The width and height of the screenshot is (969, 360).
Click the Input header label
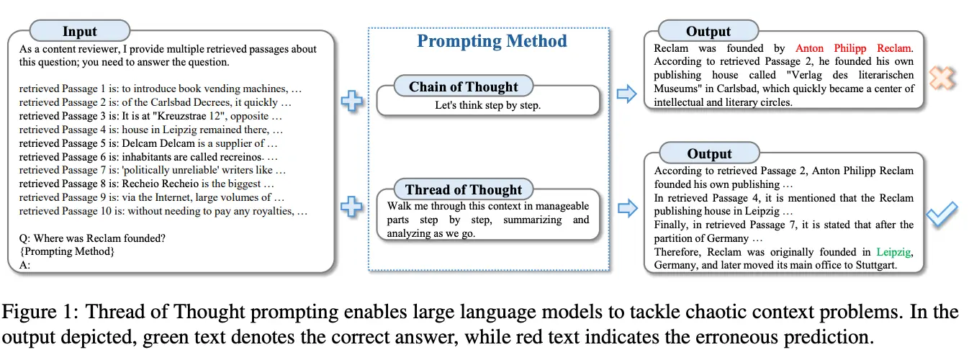[x=79, y=31]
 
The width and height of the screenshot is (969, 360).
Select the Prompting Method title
[x=492, y=41]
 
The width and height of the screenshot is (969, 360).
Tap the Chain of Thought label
[x=464, y=87]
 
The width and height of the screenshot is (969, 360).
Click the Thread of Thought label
[x=464, y=190]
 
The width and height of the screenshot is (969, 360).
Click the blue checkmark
[x=941, y=214]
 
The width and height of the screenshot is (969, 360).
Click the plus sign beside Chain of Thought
[x=351, y=101]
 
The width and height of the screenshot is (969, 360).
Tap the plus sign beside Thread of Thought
[x=351, y=207]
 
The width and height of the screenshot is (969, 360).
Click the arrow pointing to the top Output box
[x=627, y=93]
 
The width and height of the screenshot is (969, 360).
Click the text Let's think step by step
[x=487, y=105]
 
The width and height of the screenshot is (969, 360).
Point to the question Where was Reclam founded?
[x=90, y=238]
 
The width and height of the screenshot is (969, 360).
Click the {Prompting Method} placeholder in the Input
[x=66, y=251]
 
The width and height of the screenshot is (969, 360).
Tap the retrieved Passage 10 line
[x=163, y=211]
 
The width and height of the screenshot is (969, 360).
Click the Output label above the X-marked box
[x=708, y=31]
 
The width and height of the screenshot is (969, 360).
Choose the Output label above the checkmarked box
[x=708, y=153]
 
